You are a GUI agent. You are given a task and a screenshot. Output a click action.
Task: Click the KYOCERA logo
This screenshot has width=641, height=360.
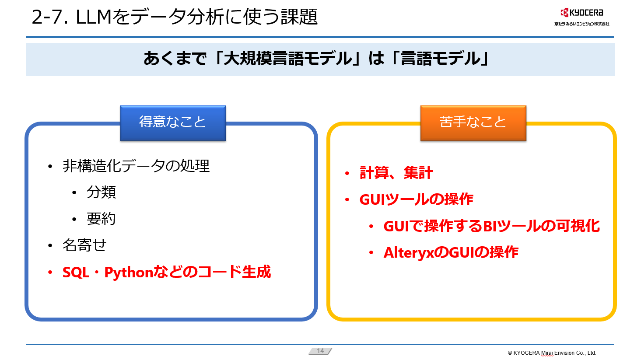[581, 13]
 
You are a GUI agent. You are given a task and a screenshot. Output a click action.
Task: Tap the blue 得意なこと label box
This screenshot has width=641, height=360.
[173, 123]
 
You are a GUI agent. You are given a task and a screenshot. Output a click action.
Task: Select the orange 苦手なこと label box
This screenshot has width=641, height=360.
[473, 123]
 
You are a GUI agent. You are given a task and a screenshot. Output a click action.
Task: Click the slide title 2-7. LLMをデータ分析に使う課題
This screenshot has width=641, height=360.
[175, 17]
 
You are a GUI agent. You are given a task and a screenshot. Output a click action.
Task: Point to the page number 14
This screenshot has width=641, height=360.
[320, 351]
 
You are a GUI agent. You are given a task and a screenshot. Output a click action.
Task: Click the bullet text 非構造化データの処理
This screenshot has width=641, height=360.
[136, 166]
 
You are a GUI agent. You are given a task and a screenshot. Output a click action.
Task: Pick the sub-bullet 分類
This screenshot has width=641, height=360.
[102, 192]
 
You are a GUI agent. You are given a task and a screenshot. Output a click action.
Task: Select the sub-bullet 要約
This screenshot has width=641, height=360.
[101, 219]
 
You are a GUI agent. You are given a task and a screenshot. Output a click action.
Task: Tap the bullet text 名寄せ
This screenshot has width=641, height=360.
[84, 245]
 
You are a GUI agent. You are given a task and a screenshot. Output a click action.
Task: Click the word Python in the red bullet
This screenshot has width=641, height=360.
[129, 272]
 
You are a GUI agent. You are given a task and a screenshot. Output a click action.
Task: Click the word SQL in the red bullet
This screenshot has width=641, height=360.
[76, 272]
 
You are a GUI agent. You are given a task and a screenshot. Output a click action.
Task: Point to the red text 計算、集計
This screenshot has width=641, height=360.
[396, 173]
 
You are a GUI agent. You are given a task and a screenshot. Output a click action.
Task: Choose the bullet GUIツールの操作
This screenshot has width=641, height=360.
[417, 199]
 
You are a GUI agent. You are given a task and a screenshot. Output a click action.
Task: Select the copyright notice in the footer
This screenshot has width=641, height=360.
[552, 353]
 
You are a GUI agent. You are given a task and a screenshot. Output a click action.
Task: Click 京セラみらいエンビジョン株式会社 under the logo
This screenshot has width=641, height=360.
[582, 24]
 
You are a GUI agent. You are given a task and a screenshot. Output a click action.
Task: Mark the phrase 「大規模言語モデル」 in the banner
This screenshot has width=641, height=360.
[287, 59]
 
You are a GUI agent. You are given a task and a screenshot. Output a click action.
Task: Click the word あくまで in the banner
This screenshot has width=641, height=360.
[175, 59]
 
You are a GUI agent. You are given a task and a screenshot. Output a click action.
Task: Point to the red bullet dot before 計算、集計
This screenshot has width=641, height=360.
[347, 173]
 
